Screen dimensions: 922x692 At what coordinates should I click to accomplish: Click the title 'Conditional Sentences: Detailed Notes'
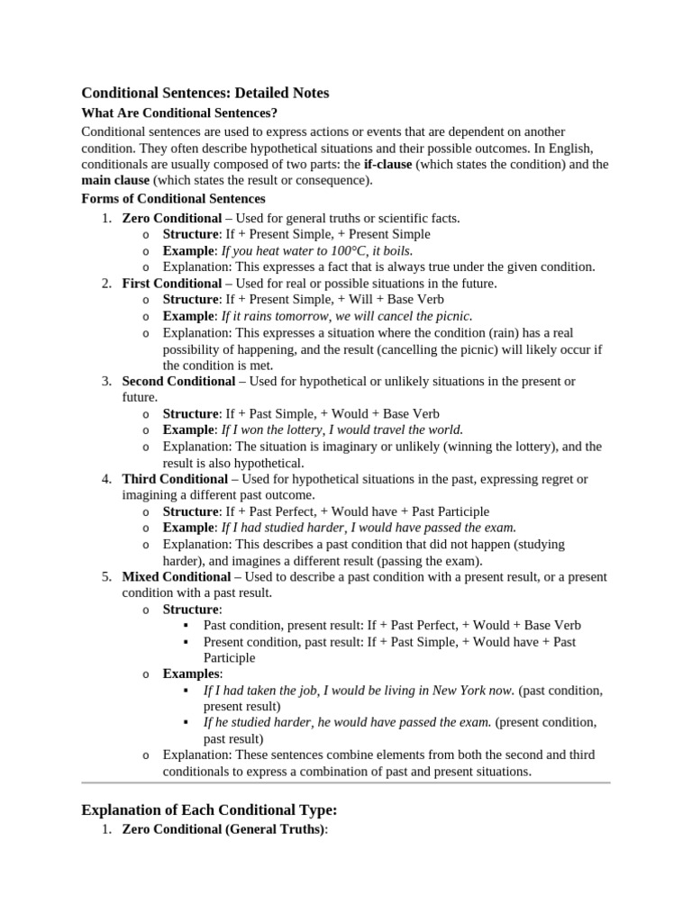click(x=205, y=93)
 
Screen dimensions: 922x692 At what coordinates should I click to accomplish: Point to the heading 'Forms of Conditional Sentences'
click(x=173, y=198)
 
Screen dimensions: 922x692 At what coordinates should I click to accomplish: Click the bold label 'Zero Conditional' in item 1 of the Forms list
click(x=171, y=218)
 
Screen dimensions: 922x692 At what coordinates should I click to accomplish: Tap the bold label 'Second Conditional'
click(x=178, y=381)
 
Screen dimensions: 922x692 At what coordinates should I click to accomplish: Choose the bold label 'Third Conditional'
click(x=175, y=479)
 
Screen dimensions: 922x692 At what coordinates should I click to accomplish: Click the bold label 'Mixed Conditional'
click(x=177, y=576)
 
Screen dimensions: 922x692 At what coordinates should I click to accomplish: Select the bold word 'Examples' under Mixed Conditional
click(x=191, y=673)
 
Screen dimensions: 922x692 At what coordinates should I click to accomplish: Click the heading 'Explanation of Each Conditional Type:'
click(x=209, y=810)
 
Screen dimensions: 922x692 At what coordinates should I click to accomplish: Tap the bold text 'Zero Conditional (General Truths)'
click(x=223, y=829)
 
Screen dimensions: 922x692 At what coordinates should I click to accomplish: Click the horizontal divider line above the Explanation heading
click(x=346, y=782)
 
